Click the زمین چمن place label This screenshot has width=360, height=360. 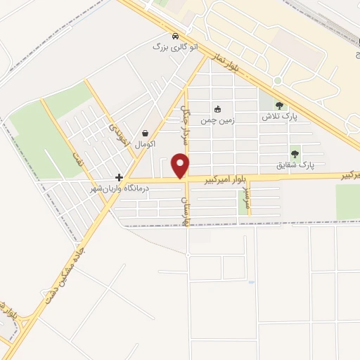click(x=217, y=120)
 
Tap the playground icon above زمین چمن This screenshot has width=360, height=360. click(x=217, y=109)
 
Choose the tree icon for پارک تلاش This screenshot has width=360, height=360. click(x=279, y=105)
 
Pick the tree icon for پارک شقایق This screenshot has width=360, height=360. click(x=295, y=155)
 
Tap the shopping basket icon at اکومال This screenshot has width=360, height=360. click(x=145, y=133)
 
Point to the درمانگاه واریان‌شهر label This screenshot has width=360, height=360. click(x=115, y=188)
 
